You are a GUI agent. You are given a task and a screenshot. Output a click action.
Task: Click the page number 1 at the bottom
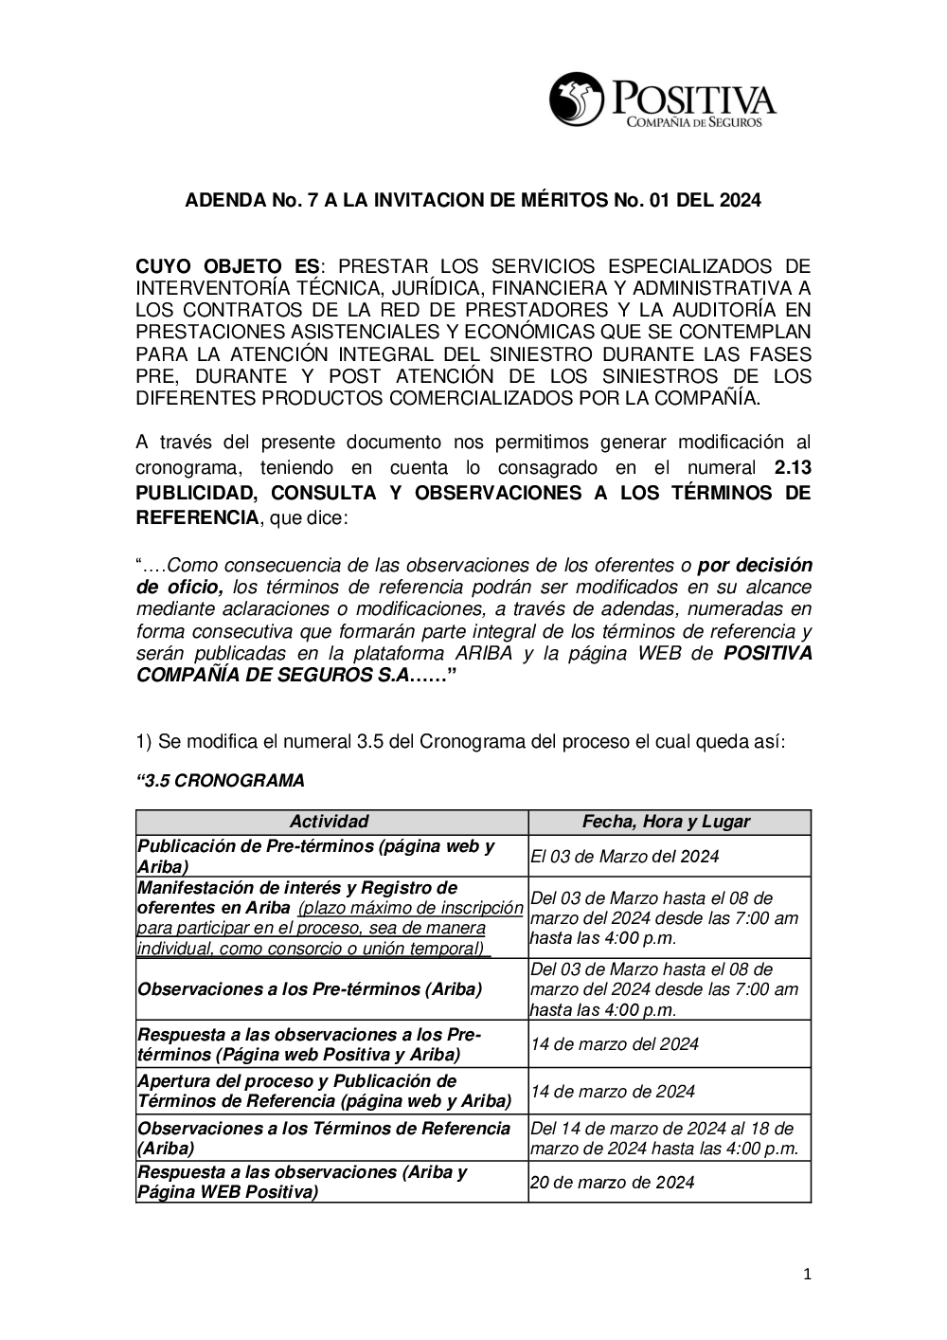(807, 1275)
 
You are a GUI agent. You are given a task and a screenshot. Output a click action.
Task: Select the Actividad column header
(329, 822)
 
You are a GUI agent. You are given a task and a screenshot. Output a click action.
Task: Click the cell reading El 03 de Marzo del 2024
(625, 857)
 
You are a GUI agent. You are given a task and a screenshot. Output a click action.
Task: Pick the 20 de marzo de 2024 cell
(613, 1182)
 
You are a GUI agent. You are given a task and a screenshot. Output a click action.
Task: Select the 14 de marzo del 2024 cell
(615, 1044)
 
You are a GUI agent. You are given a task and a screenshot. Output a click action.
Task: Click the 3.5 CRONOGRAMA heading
(221, 781)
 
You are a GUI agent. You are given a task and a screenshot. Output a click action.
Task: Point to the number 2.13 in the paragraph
(793, 467)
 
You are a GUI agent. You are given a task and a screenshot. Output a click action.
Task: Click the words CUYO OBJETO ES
(227, 266)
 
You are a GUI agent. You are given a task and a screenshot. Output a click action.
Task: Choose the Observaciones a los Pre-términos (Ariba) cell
(310, 989)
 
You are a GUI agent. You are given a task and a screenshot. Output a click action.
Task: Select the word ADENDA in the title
(223, 201)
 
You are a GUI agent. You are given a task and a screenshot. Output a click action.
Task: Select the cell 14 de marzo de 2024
(613, 1092)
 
